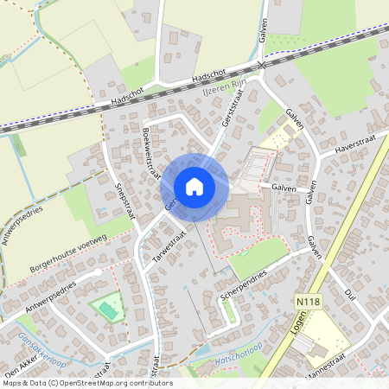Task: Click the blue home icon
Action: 194,187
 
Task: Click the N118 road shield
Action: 301,300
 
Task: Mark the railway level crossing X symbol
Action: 261,66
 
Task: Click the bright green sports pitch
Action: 108,307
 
